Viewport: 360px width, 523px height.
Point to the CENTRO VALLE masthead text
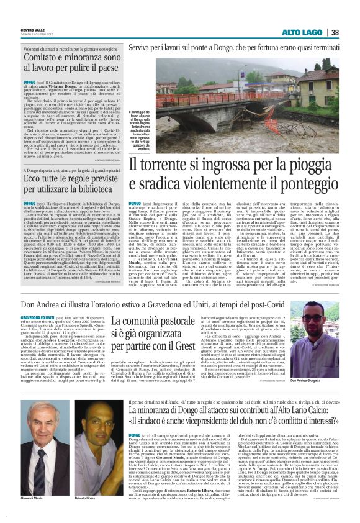(x=32, y=29)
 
